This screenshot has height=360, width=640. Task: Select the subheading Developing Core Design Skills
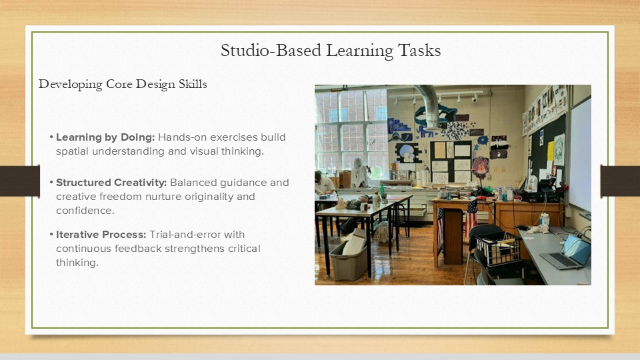tap(123, 84)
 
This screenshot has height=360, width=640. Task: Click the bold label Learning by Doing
tap(105, 137)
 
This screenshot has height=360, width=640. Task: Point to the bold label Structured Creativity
tap(111, 183)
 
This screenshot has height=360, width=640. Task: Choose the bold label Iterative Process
tap(101, 235)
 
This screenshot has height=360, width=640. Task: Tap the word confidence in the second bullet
tap(85, 211)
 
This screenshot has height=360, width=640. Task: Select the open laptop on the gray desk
tap(566, 253)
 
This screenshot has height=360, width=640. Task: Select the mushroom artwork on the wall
tap(408, 153)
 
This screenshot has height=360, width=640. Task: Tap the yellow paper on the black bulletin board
tap(551, 151)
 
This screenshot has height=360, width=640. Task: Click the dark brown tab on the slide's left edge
tap(19, 181)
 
